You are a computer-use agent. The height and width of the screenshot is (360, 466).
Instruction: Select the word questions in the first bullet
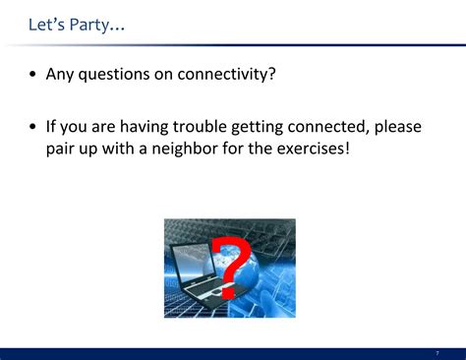click(x=119, y=76)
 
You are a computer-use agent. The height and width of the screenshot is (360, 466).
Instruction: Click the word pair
click(x=63, y=151)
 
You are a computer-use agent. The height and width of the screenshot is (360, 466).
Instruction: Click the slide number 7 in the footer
click(x=437, y=352)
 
